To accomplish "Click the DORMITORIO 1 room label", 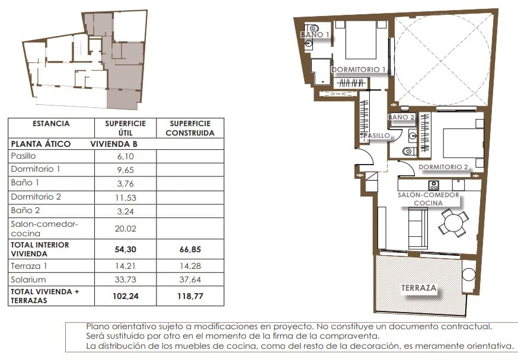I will tap(359, 70).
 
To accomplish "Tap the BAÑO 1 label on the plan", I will tap(315, 35).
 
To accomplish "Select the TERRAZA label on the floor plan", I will tap(419, 288).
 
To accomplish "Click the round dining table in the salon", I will tap(453, 224).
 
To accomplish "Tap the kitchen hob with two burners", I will tap(433, 185).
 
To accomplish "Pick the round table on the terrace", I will tap(469, 275).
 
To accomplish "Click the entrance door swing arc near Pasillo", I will tap(363, 157).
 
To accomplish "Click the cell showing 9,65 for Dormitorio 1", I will tap(125, 169).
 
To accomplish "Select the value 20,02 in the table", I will tap(125, 229).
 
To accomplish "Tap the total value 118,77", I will tap(190, 296).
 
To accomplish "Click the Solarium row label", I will tap(28, 279).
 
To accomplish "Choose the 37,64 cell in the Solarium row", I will tap(190, 279).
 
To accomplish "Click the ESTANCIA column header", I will tap(51, 124).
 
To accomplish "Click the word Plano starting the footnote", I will tap(97, 326).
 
